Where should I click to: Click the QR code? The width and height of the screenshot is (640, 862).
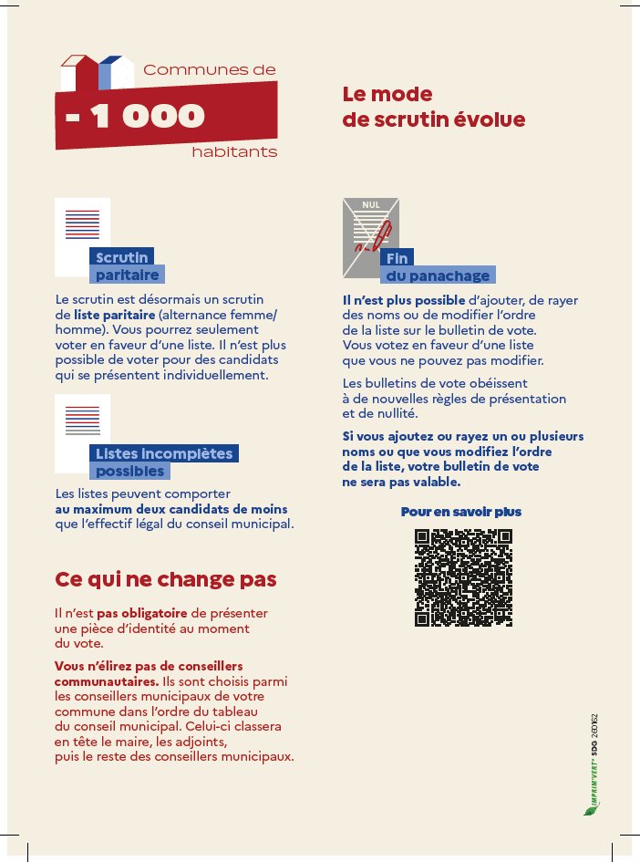point(462,577)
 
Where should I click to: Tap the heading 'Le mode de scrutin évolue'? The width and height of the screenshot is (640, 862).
point(433,108)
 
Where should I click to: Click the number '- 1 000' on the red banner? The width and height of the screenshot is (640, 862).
point(136,116)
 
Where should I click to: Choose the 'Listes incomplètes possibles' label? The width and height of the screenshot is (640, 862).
point(165,462)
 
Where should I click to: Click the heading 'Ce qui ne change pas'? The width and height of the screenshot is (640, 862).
point(166,579)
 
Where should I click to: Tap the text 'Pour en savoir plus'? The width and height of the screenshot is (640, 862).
point(461,512)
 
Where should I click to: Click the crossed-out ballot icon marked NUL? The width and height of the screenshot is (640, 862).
point(370,236)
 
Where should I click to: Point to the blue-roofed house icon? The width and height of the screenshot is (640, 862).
point(110,73)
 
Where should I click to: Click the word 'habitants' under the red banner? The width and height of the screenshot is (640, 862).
point(234,152)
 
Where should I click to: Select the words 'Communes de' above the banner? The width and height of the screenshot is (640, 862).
point(209,69)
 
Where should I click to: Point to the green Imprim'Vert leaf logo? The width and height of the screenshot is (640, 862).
point(589,807)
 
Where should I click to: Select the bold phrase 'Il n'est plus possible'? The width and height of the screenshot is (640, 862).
point(402,300)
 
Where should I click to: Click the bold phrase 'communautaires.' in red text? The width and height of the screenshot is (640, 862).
point(106,681)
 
